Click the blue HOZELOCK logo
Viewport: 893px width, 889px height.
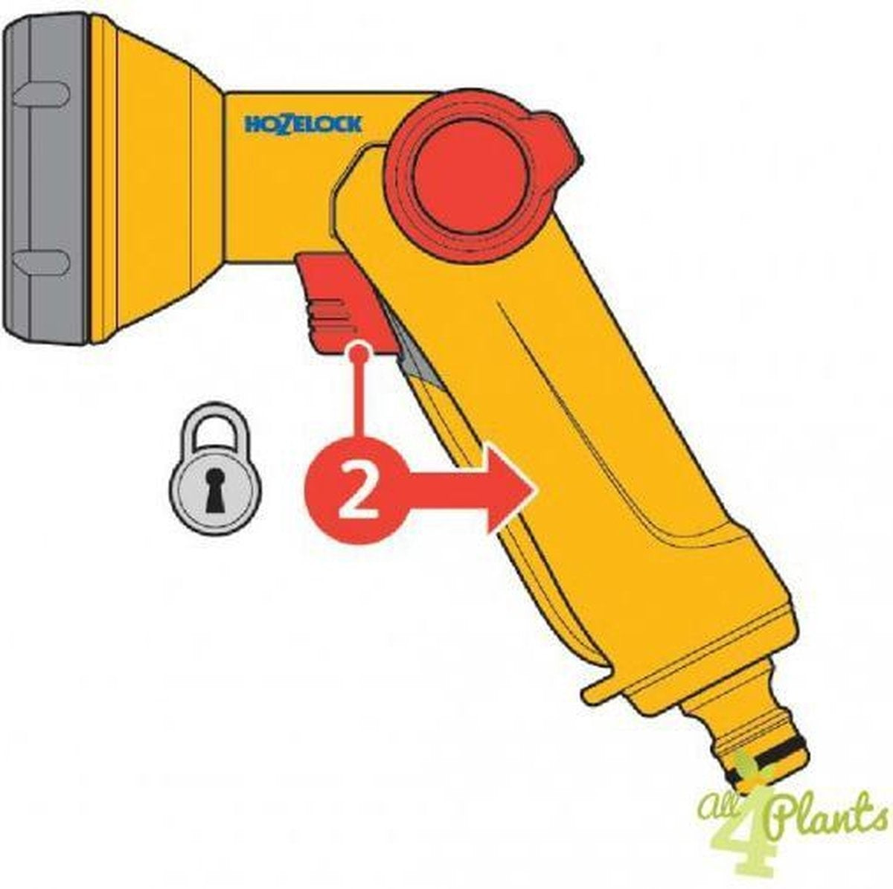pyautogui.click(x=303, y=125)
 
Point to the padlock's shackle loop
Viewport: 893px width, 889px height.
pyautogui.click(x=214, y=424)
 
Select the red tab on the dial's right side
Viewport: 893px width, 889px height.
pyautogui.click(x=561, y=139)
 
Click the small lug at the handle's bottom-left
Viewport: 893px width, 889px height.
pyautogui.click(x=597, y=693)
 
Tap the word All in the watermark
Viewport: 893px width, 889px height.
pyautogui.click(x=716, y=790)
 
